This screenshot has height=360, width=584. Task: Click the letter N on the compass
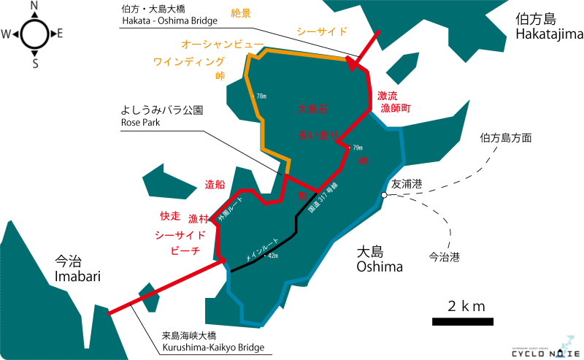pyautogui.click(x=34, y=7)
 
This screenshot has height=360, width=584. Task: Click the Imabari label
pyautogui.click(x=76, y=268)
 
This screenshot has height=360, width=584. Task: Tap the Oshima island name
pyautogui.click(x=380, y=259)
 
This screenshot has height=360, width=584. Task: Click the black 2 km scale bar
pyautogui.click(x=462, y=321)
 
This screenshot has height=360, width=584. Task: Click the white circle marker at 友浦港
pyautogui.click(x=383, y=194)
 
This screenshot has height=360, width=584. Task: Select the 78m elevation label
pyautogui.click(x=262, y=96)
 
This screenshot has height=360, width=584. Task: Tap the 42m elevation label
pyautogui.click(x=273, y=256)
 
